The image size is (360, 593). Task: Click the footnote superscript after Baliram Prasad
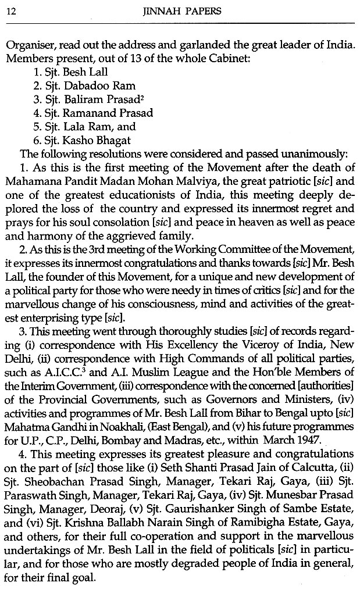(x=127, y=97)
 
